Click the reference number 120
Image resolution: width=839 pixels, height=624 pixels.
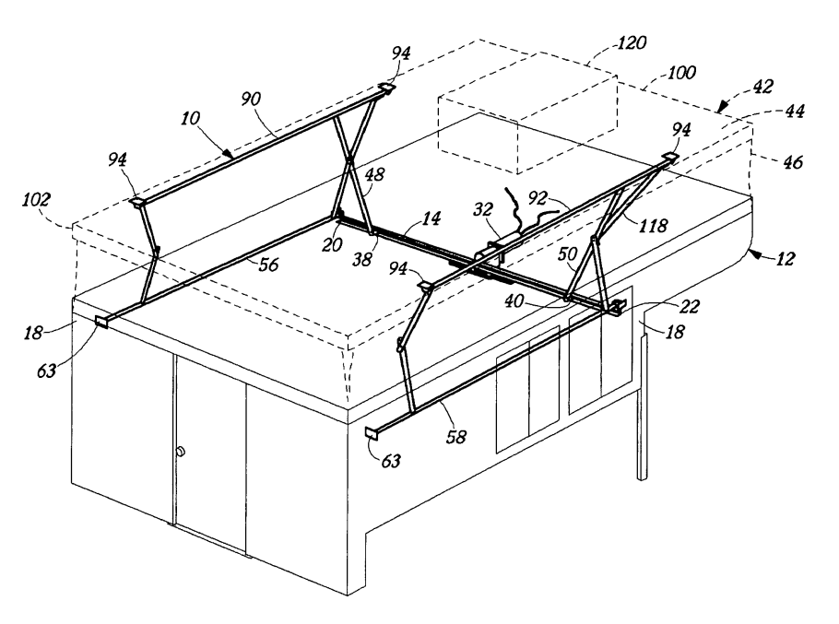pyautogui.click(x=632, y=42)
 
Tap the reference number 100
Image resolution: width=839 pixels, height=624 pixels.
pyautogui.click(x=681, y=72)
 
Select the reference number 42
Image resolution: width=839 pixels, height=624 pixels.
pyautogui.click(x=763, y=86)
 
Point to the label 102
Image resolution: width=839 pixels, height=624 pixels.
pyautogui.click(x=36, y=200)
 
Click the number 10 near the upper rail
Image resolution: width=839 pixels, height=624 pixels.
pyautogui.click(x=190, y=118)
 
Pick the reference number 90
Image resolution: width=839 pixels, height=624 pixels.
pyautogui.click(x=251, y=99)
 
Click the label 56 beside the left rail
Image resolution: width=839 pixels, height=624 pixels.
pyautogui.click(x=268, y=265)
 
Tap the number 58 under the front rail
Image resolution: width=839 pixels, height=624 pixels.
pyautogui.click(x=455, y=437)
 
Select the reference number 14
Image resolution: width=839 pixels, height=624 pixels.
pyautogui.click(x=431, y=218)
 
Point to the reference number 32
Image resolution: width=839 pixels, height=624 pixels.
pyautogui.click(x=482, y=209)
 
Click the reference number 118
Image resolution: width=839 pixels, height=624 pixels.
pyautogui.click(x=654, y=226)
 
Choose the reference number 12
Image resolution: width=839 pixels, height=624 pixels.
pyautogui.click(x=786, y=259)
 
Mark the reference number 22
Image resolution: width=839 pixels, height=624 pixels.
pyautogui.click(x=690, y=306)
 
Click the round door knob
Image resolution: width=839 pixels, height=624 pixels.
pyautogui.click(x=181, y=452)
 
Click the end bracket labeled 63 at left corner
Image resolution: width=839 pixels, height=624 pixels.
pyautogui.click(x=101, y=322)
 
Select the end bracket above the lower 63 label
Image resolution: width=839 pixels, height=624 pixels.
pyautogui.click(x=372, y=433)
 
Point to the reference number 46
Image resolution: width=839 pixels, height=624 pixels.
pyautogui.click(x=793, y=162)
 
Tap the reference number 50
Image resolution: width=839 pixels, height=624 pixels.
pyautogui.click(x=568, y=254)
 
